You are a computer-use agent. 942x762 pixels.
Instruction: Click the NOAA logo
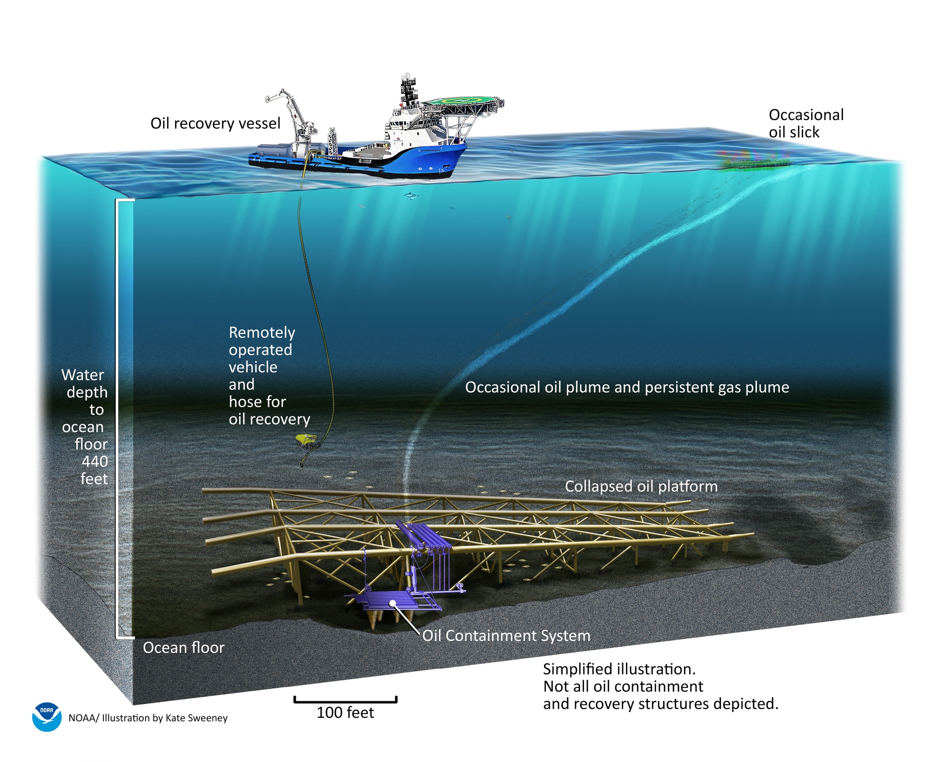point(47,717)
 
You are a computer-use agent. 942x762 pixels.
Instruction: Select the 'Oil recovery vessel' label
point(215,123)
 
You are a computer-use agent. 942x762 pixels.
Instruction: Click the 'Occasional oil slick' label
point(805,123)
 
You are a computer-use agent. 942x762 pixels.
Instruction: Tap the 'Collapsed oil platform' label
point(641,486)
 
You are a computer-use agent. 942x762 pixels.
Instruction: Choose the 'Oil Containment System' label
point(506,635)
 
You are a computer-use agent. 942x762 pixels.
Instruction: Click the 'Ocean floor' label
point(184,648)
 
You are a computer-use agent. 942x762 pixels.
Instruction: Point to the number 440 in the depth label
point(95,462)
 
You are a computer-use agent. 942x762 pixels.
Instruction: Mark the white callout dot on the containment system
point(392,603)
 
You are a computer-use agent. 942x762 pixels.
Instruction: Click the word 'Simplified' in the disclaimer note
point(578,669)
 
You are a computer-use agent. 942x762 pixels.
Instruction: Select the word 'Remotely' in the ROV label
point(262,332)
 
